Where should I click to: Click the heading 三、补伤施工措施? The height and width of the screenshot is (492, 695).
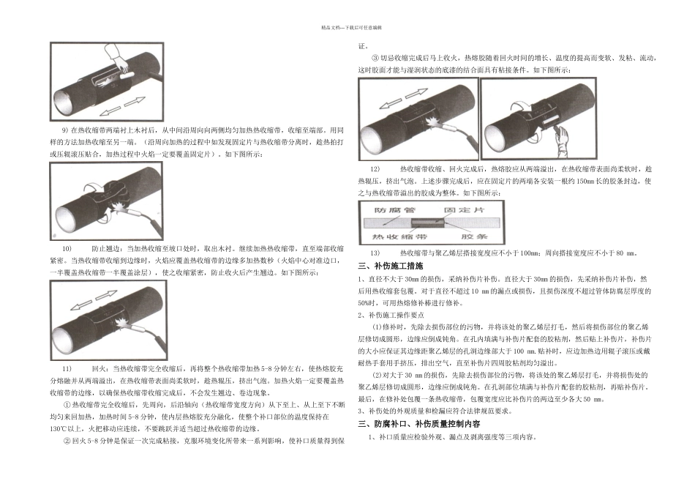pos(390,265)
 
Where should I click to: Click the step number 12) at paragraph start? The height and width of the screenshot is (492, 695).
pos(375,169)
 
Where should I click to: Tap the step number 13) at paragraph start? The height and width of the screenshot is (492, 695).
pos(375,253)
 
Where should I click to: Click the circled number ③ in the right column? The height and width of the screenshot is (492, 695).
pos(375,58)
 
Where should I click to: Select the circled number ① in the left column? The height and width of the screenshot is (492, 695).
pos(67,403)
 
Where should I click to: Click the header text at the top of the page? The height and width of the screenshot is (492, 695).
pos(347,26)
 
